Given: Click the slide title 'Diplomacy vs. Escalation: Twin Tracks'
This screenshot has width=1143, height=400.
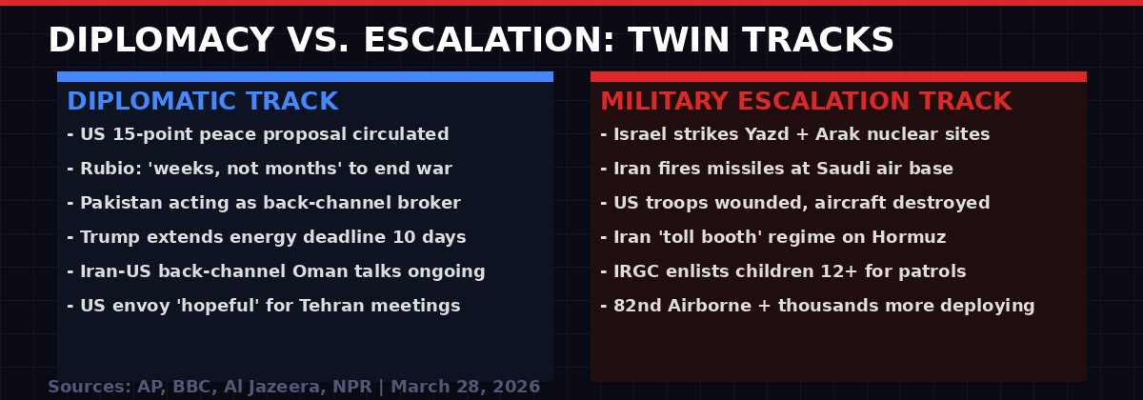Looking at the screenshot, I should click(471, 41).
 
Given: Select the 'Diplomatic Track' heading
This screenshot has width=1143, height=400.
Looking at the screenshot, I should click(202, 102).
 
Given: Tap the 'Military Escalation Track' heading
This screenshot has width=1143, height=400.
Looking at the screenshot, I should click(805, 102).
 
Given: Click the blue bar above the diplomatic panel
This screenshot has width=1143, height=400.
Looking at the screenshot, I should click(305, 76).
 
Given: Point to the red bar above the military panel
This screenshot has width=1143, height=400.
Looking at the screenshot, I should click(838, 76).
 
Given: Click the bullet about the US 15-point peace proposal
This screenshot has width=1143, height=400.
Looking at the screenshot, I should click(257, 134).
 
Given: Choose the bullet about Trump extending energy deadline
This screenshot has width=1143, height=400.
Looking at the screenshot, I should click(267, 237).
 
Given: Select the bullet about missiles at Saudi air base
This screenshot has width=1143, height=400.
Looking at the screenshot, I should click(776, 169).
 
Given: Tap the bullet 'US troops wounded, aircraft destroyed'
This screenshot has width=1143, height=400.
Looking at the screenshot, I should click(795, 203).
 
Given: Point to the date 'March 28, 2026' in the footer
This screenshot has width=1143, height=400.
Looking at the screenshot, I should click(465, 387).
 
